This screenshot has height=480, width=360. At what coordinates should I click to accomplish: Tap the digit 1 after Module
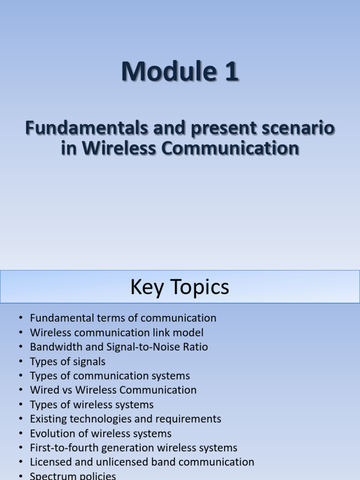tap(232, 71)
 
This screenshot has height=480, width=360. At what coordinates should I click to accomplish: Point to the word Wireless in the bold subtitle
tap(120, 148)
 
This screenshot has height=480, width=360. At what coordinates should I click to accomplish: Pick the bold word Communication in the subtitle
tap(230, 148)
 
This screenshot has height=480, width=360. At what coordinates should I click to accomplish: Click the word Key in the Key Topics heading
tap(147, 287)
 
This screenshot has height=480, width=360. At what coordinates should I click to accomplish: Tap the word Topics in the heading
tap(200, 287)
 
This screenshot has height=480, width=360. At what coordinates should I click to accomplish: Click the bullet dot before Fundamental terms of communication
tap(21, 318)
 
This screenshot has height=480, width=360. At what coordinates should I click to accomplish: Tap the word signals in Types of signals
tap(89, 362)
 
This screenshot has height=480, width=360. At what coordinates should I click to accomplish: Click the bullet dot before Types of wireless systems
tap(21, 405)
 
